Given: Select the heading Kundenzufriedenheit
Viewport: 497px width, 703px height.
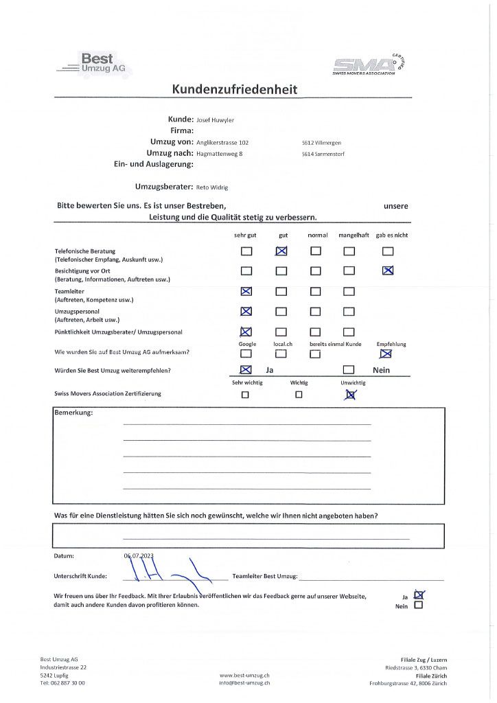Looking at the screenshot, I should click(235, 89).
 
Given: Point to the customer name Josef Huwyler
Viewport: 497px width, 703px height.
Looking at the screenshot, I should click(215, 119).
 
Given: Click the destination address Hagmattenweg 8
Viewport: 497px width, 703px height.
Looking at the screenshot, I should click(219, 154).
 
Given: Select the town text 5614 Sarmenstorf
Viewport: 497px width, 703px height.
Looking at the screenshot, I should click(322, 154).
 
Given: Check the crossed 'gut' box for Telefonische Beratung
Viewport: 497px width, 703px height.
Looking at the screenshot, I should click(281, 251).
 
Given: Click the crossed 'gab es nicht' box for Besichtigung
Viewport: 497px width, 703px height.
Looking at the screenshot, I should click(388, 270).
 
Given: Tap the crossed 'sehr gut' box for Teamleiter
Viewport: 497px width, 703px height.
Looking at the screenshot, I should click(246, 292).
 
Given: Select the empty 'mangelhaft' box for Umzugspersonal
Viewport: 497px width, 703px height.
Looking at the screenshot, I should click(349, 312).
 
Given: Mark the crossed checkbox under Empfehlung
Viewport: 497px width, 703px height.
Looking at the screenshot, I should click(386, 354).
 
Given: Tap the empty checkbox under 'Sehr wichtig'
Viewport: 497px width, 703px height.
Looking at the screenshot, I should click(245, 395).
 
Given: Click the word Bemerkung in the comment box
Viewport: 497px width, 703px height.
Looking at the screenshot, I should click(73, 413).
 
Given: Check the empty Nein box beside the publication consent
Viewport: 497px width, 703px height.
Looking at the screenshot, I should click(419, 606).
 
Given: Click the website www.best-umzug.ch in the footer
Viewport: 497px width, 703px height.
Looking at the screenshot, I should click(244, 676).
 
